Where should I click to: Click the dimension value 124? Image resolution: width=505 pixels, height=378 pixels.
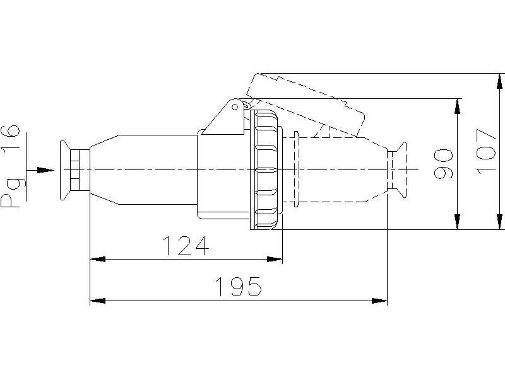pos(186,246)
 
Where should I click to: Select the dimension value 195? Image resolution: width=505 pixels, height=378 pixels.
pos(238,287)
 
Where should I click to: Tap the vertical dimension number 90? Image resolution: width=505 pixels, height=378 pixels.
pos(443,164)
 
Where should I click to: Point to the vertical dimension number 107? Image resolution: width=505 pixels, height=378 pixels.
pos(485,152)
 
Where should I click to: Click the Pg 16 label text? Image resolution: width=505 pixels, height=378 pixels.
pos(10,166)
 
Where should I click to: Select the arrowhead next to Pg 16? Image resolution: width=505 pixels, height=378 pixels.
pos(45,170)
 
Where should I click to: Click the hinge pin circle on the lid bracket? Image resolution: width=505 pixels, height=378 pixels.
pos(235,107)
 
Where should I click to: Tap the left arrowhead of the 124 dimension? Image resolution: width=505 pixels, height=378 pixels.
pos(98,259)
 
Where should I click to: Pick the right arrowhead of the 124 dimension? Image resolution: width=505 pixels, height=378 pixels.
pos(275,259)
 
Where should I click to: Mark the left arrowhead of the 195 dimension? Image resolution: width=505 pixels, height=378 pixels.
pos(98,301)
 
